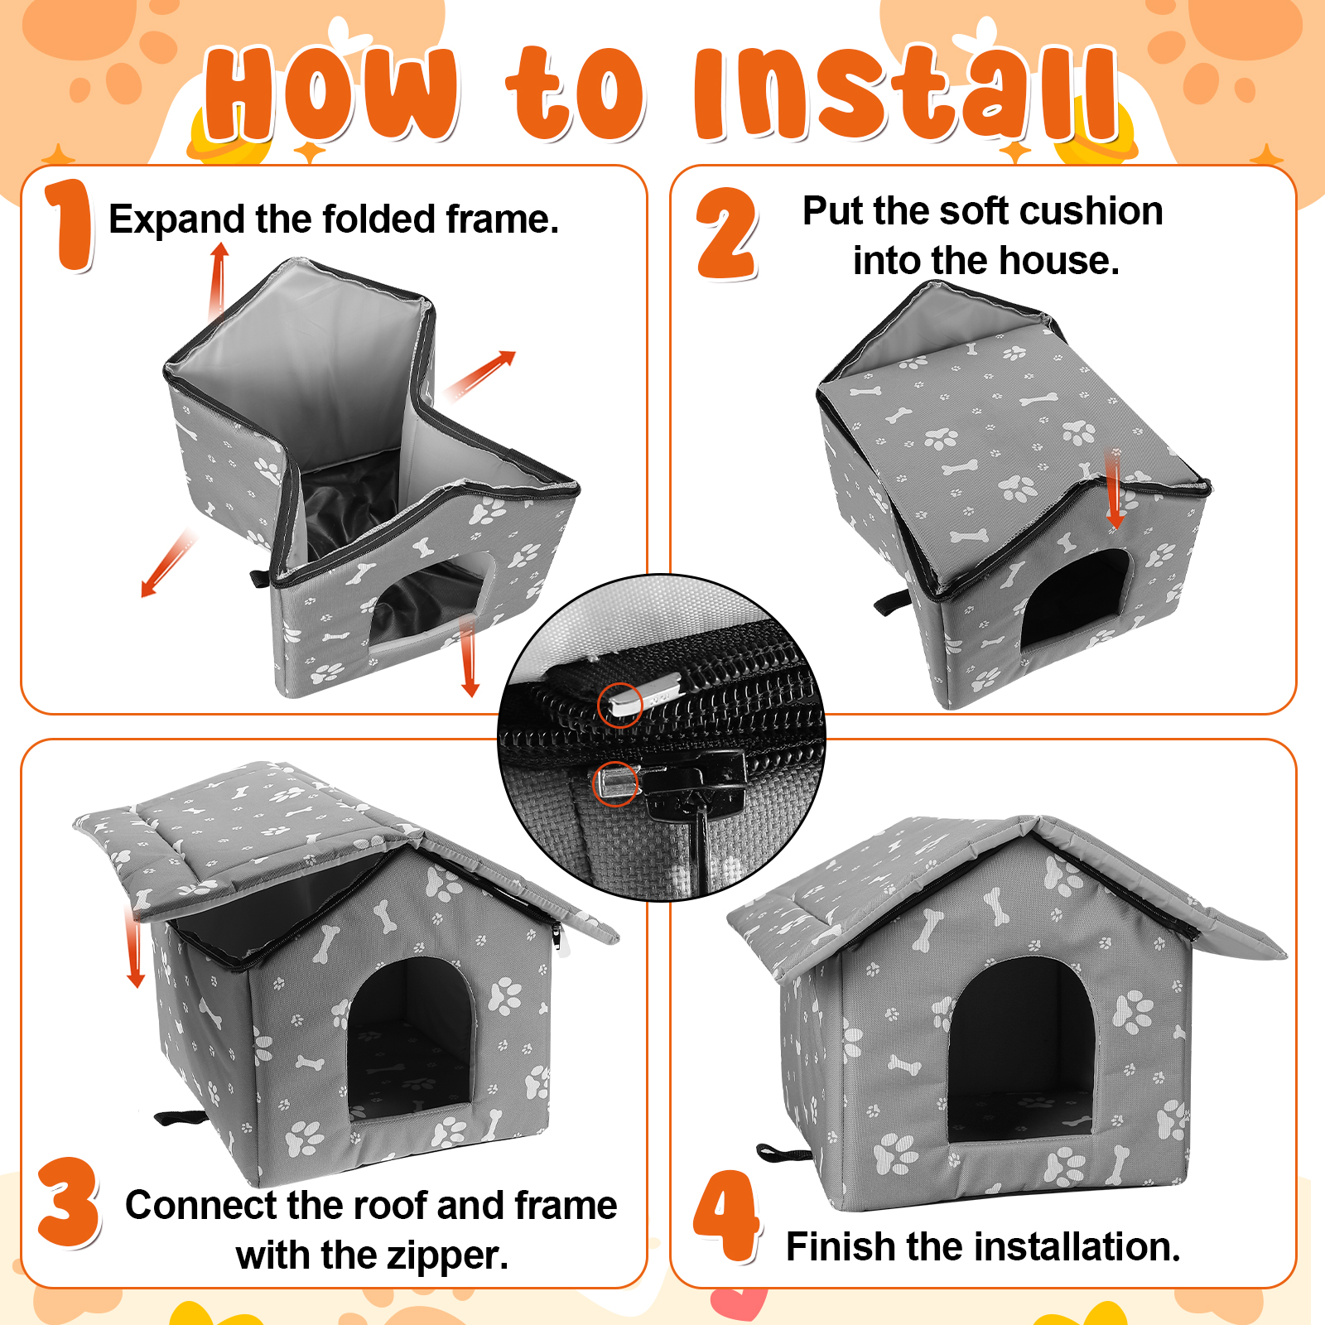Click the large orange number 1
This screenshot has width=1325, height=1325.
[x=70, y=225]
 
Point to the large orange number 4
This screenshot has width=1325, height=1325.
[x=726, y=1216]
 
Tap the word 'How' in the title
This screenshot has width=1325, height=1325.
[x=330, y=93]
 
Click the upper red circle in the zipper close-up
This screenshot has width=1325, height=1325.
[x=620, y=706]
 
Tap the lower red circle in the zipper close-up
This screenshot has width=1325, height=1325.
[x=615, y=783]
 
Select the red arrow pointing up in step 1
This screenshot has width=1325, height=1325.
[x=218, y=282]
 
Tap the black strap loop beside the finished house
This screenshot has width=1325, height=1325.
[x=783, y=1154]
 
